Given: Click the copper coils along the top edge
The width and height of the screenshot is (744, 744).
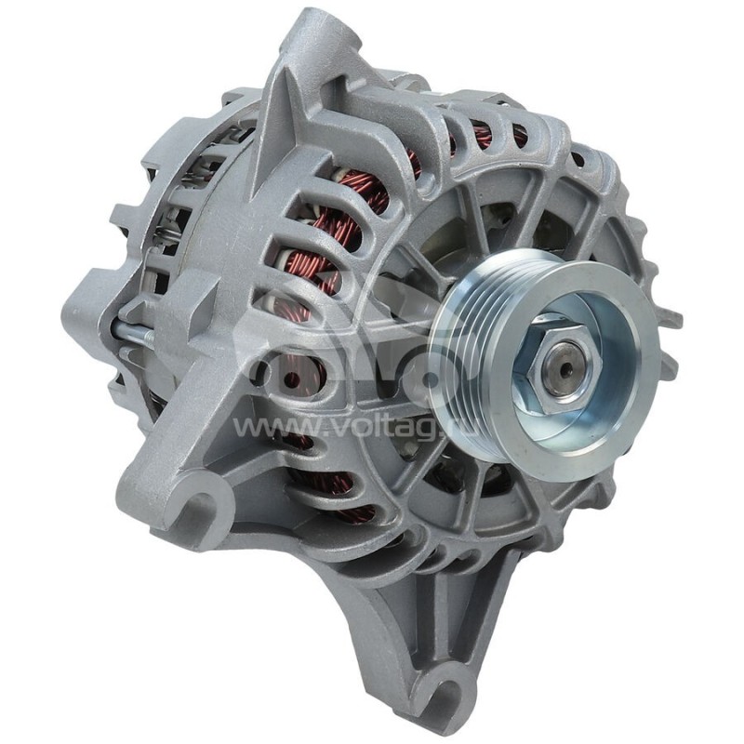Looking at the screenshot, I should click(x=484, y=135).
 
